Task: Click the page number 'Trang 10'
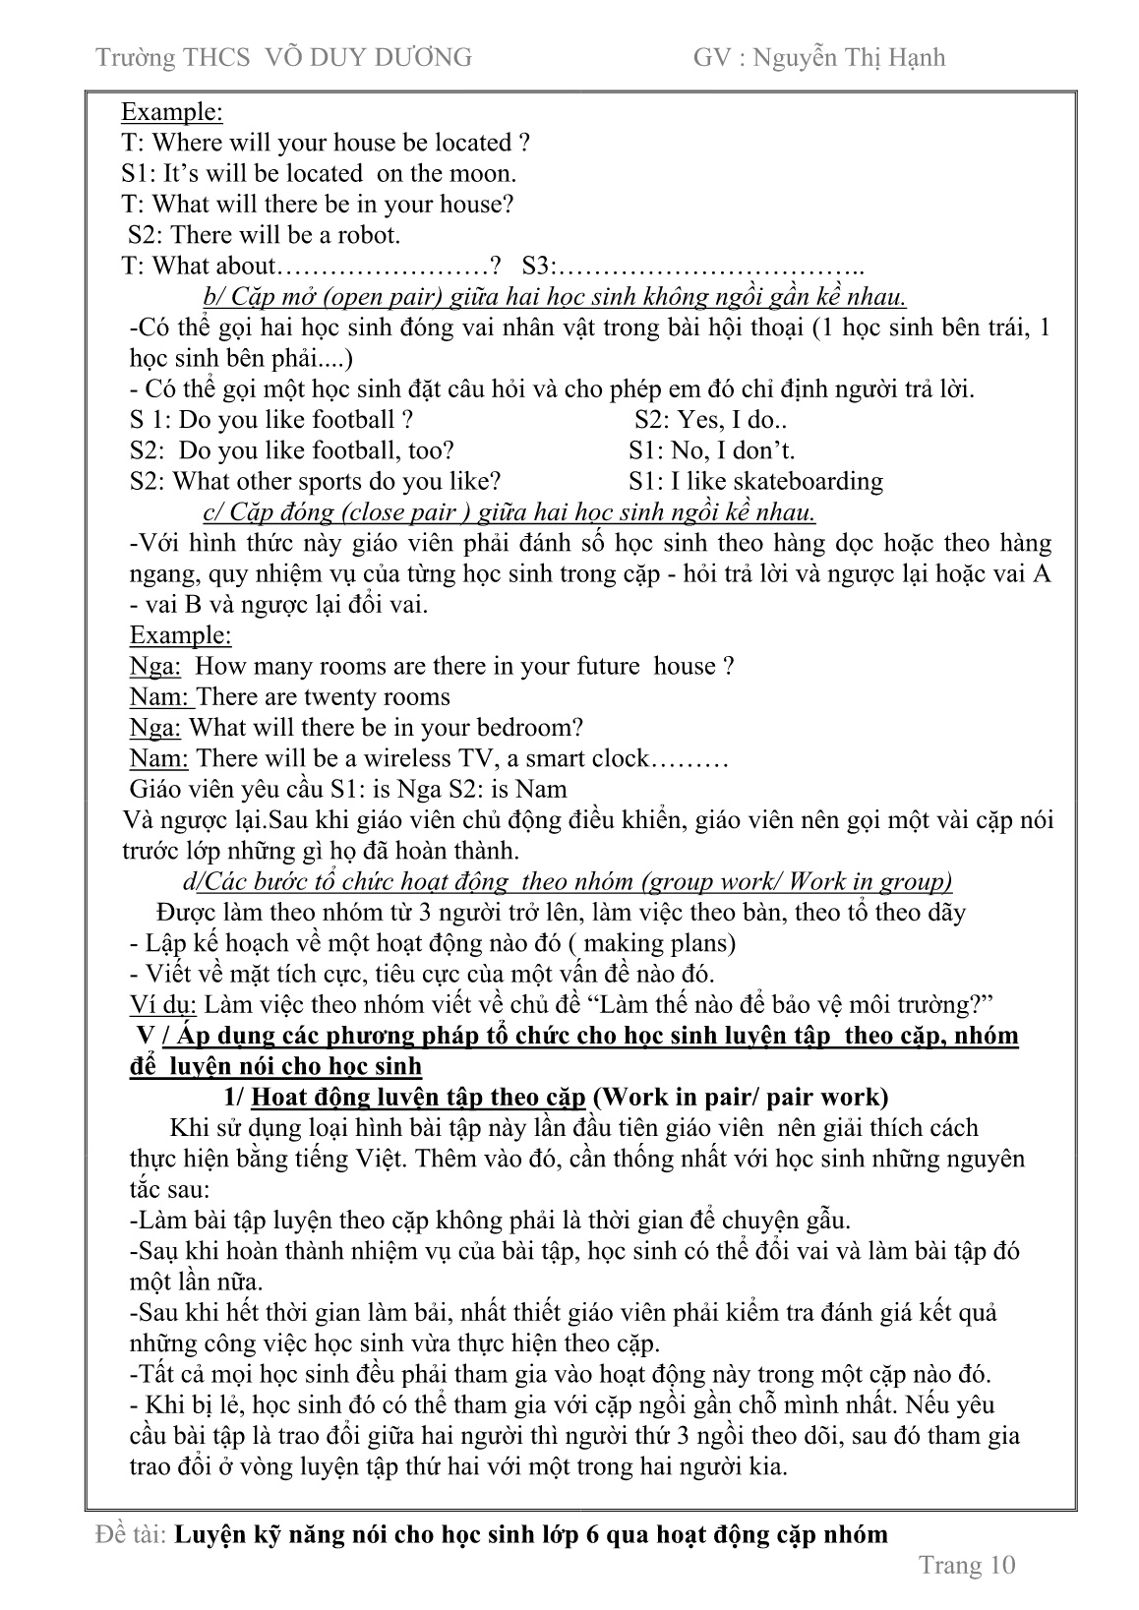966,1565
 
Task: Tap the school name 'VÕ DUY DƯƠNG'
370,58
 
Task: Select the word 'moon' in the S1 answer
483,174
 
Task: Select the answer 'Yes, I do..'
710,420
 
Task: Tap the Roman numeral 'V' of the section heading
148,1036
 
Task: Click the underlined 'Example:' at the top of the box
172,112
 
